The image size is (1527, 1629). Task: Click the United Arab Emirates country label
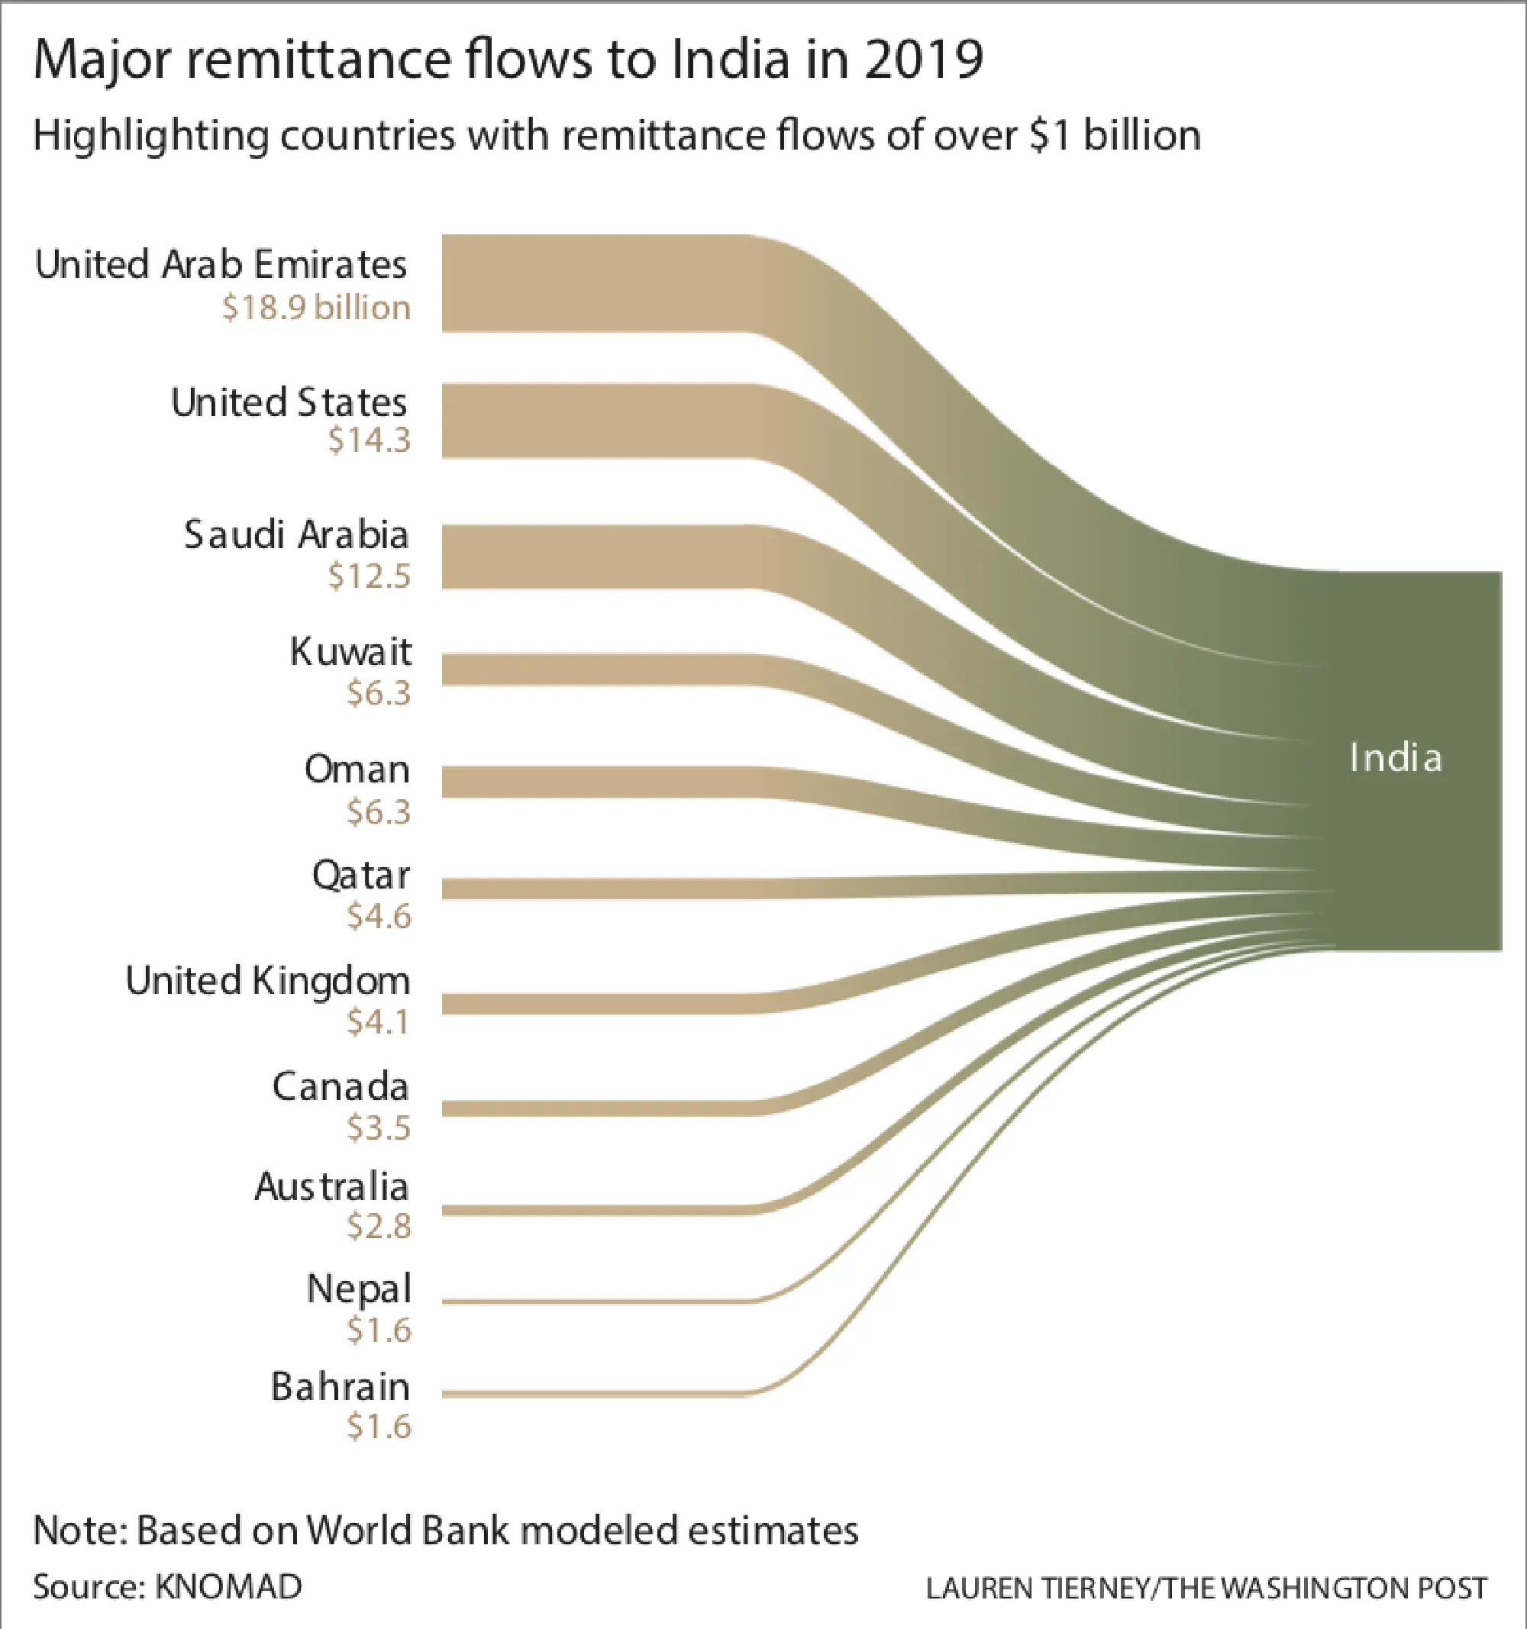pyautogui.click(x=221, y=265)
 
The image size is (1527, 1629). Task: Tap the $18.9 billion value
pyautogui.click(x=315, y=308)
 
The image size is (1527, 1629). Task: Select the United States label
pyautogui.click(x=289, y=402)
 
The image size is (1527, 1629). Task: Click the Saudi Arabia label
pyautogui.click(x=296, y=535)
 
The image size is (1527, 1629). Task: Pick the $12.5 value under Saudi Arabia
pyautogui.click(x=369, y=576)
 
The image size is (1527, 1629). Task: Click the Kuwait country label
pyautogui.click(x=350, y=652)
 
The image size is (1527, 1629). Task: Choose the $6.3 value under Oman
pyautogui.click(x=378, y=812)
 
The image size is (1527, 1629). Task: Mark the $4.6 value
pyautogui.click(x=378, y=916)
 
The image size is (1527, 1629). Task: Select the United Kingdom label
pyautogui.click(x=267, y=981)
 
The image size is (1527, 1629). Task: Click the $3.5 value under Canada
pyautogui.click(x=378, y=1127)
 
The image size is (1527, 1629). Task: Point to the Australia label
pyautogui.click(x=331, y=1186)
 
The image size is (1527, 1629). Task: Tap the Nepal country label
pyautogui.click(x=358, y=1289)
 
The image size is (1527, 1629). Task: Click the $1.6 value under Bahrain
pyautogui.click(x=378, y=1427)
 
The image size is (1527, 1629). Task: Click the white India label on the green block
pyautogui.click(x=1395, y=758)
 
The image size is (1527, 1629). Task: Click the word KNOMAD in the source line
pyautogui.click(x=229, y=1586)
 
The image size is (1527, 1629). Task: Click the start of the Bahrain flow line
pyautogui.click(x=447, y=1393)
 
